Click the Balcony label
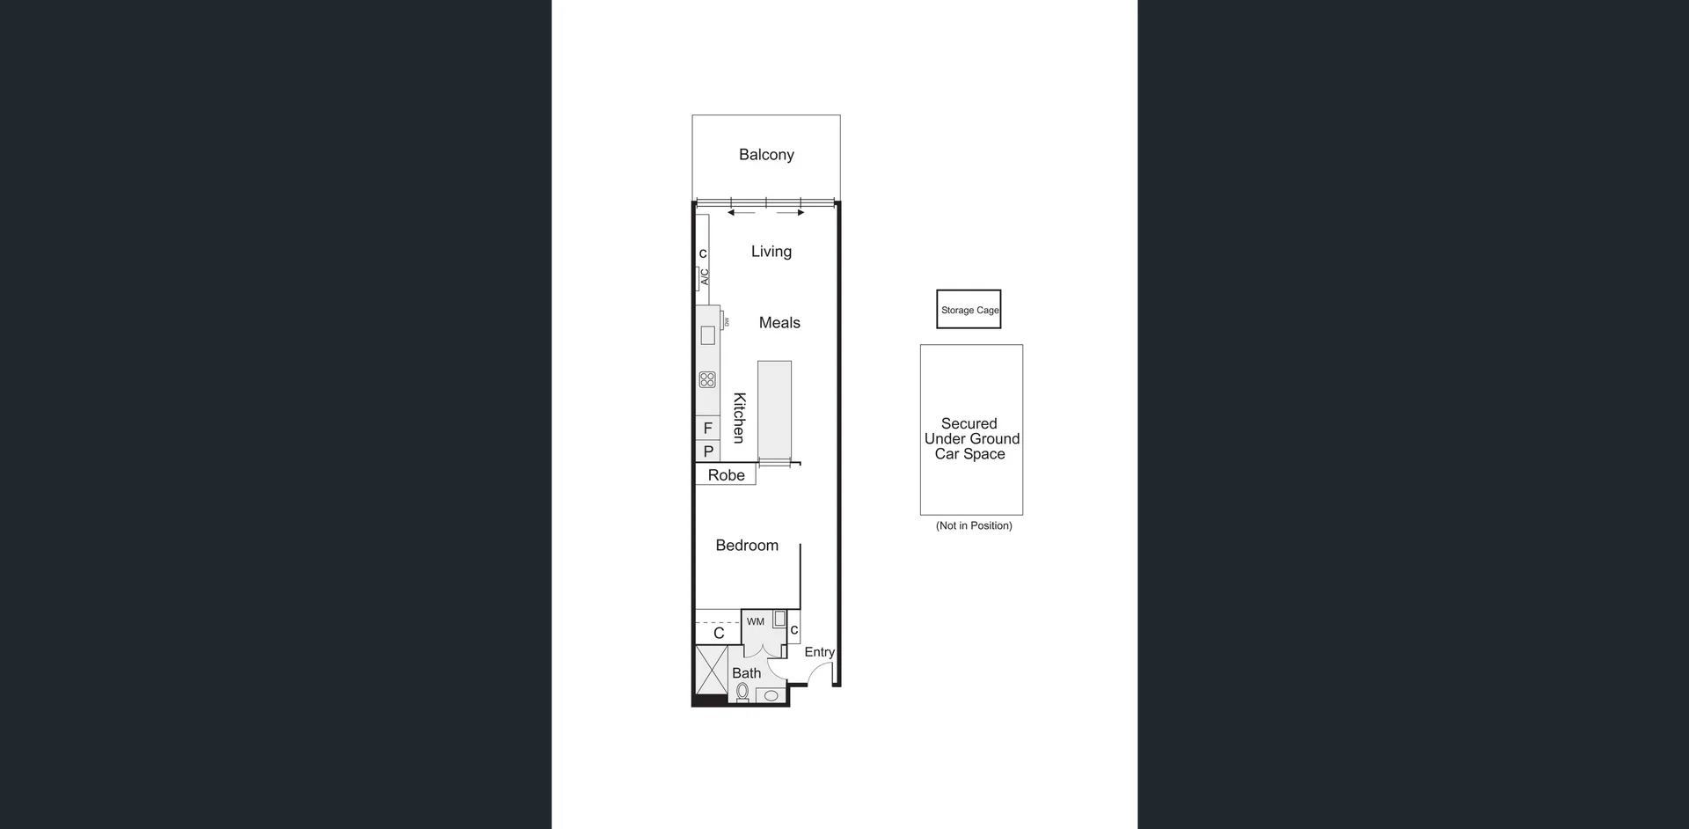coord(766,155)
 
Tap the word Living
coord(771,252)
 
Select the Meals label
coord(779,323)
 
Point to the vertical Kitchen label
coord(740,418)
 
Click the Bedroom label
coord(747,546)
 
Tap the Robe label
coord(726,475)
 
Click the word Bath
coord(746,673)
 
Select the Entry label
coord(819,652)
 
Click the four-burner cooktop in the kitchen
coord(707,380)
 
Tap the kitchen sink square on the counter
coord(707,335)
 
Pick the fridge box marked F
coord(708,429)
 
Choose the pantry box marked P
coord(708,451)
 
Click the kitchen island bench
coord(774,409)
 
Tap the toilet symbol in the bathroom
coord(742,693)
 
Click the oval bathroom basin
coord(771,695)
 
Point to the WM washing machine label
coord(756,621)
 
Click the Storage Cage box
coord(969,310)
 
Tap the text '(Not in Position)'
coord(974,525)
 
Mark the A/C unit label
coord(704,277)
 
